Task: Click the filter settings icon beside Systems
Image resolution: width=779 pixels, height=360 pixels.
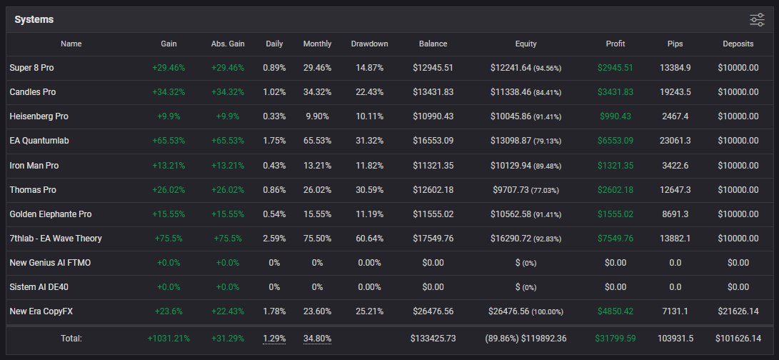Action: [757, 20]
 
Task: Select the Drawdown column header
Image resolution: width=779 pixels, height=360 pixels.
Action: [369, 44]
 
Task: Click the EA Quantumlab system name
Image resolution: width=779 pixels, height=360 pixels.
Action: [39, 141]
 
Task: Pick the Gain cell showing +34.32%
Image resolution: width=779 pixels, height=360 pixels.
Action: [169, 92]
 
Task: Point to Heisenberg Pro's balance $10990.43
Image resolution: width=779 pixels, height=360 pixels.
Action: [433, 116]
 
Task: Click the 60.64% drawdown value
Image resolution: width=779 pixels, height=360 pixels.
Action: [369, 239]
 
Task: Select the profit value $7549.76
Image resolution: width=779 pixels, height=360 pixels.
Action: [615, 239]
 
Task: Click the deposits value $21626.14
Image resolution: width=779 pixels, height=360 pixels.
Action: [738, 311]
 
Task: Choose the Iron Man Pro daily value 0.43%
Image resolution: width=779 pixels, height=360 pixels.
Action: [274, 166]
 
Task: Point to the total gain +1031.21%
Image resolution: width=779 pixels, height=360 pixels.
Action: [169, 338]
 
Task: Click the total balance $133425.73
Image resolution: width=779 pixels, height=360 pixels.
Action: [433, 338]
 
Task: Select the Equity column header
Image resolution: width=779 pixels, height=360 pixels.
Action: [526, 44]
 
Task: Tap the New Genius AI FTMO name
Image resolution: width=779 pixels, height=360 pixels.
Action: [50, 263]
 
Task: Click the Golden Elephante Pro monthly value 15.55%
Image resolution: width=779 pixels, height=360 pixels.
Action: [317, 214]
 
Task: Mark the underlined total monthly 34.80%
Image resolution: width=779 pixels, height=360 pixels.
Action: [317, 338]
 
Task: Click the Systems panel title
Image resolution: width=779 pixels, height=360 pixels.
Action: [34, 19]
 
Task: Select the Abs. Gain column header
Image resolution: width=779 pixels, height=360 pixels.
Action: [228, 44]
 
